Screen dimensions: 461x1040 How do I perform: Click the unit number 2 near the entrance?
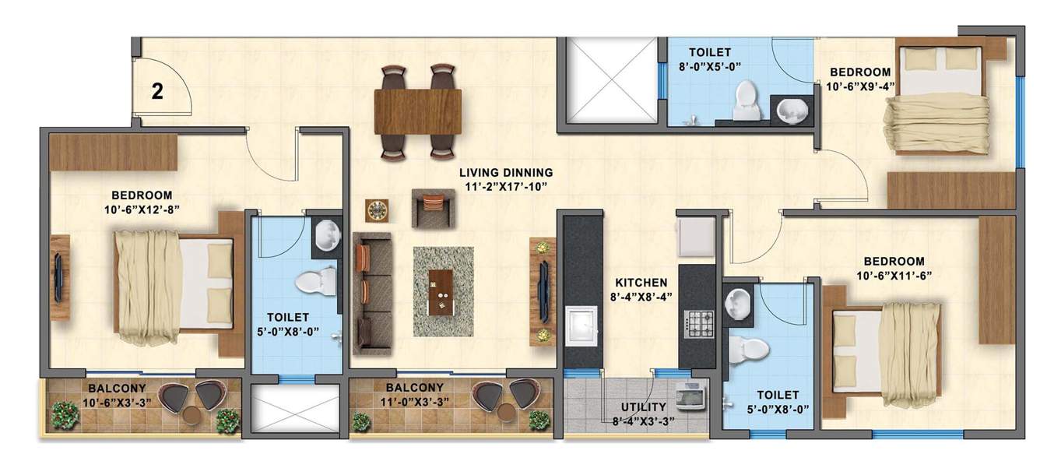coord(157,92)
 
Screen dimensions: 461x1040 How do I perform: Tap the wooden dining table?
coord(417,111)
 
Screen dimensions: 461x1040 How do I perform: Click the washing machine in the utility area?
coord(690,396)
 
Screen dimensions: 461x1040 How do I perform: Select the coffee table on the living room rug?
coord(442,291)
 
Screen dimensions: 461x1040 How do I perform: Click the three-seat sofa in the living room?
coord(371,288)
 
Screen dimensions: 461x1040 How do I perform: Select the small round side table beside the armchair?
coord(378,210)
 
